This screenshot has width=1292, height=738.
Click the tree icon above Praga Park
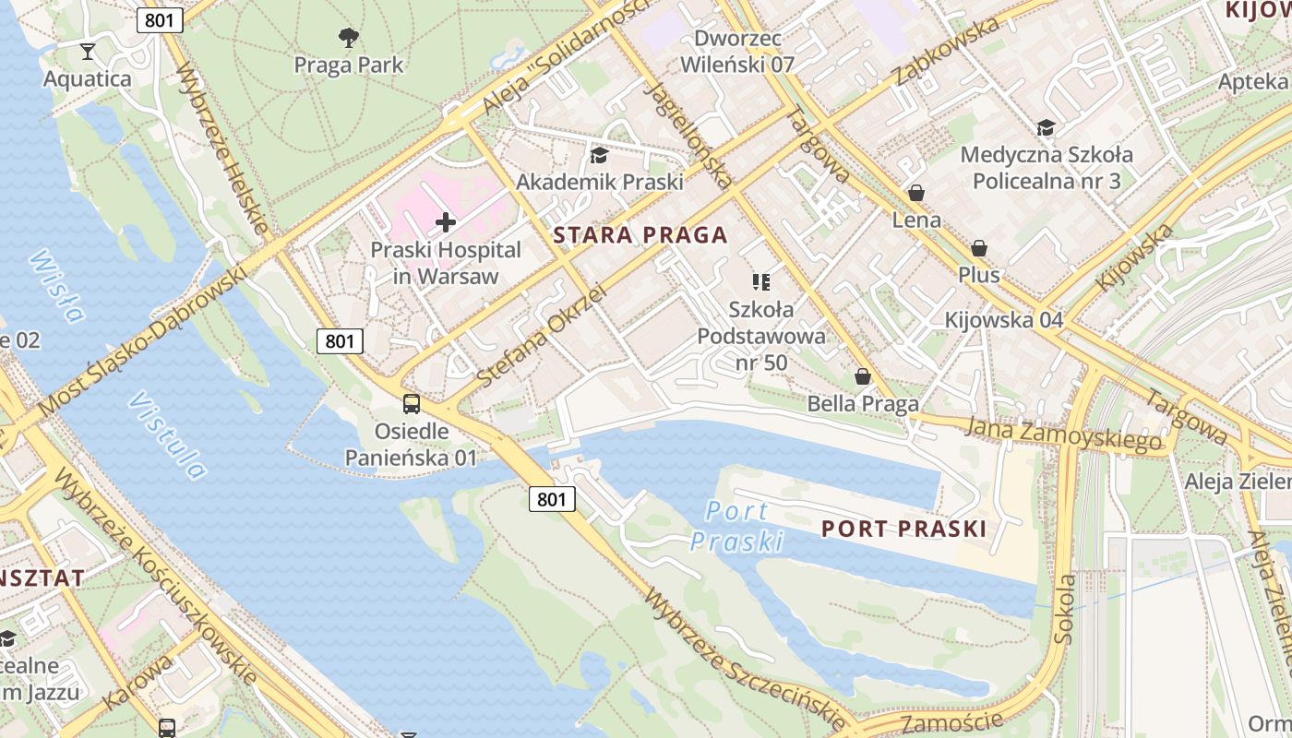click(x=349, y=38)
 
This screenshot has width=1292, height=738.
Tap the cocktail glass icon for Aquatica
click(x=88, y=51)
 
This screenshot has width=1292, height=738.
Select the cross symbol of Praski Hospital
click(x=446, y=221)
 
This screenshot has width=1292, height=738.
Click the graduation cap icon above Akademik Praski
click(x=600, y=154)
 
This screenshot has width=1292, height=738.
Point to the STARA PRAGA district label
click(x=640, y=235)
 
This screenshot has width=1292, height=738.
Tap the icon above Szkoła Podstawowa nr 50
click(x=761, y=281)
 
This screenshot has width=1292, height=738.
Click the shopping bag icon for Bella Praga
click(x=863, y=376)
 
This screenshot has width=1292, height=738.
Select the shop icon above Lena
click(x=916, y=193)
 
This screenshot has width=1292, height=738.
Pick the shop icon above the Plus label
click(x=979, y=248)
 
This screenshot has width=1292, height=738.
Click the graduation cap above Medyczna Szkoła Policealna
click(x=1046, y=127)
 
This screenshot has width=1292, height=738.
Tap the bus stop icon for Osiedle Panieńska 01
click(x=412, y=403)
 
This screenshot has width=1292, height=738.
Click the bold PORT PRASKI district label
click(x=903, y=529)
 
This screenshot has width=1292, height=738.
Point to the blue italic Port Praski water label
click(x=737, y=526)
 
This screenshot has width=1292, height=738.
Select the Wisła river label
click(x=56, y=285)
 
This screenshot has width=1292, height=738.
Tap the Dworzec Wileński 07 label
click(x=737, y=52)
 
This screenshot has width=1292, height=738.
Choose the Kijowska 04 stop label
click(x=1004, y=320)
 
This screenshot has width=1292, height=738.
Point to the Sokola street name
click(x=1065, y=608)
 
